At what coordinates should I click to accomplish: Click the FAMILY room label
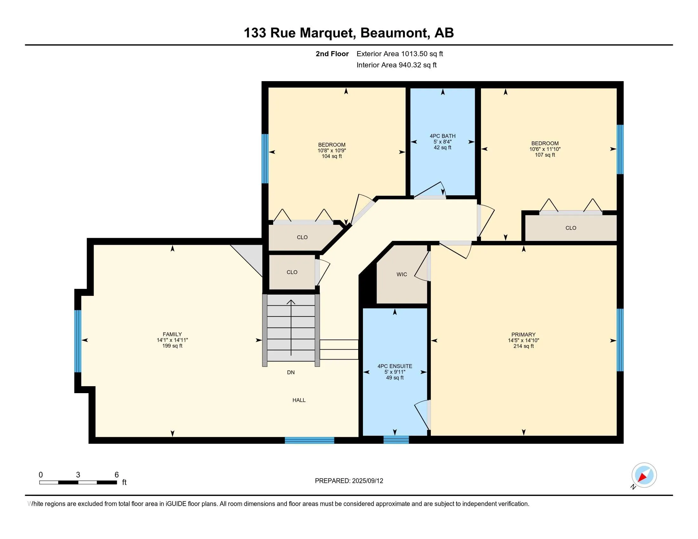[x=172, y=334]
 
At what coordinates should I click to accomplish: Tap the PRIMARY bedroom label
[x=523, y=334]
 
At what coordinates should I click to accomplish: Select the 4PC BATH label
[x=442, y=136]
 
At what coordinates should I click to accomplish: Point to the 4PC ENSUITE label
[x=395, y=366]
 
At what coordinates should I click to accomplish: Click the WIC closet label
[x=402, y=274]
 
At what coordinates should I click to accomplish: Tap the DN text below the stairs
[x=291, y=372]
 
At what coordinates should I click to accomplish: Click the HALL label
[x=299, y=400]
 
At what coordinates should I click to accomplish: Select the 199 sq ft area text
[x=172, y=346]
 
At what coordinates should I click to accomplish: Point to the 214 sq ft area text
[x=523, y=346]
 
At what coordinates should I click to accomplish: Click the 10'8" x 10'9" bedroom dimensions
[x=332, y=150]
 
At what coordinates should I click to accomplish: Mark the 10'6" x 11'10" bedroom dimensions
[x=544, y=149]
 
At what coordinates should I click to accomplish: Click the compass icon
[x=644, y=475]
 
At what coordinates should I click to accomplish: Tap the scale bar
[x=78, y=482]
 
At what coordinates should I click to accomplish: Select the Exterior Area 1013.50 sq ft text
[x=399, y=54]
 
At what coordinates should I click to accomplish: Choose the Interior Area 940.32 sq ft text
[x=396, y=65]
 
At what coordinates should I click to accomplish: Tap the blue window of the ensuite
[x=396, y=440]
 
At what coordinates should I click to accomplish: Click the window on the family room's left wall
[x=78, y=341]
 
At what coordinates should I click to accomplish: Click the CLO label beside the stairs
[x=292, y=272]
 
